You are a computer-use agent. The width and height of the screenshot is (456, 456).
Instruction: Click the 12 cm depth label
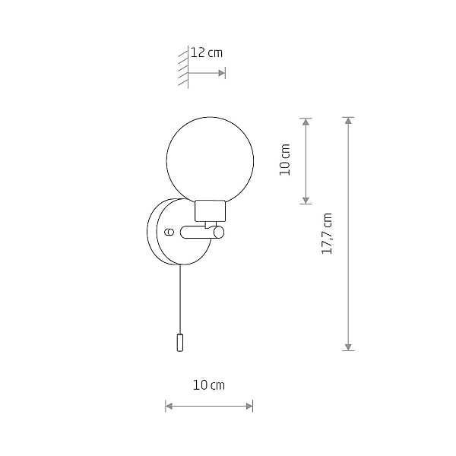tap(207, 53)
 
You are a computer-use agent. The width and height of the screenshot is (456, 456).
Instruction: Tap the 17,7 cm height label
tap(327, 233)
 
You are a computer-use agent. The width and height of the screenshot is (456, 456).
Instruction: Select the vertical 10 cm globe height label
tap(285, 160)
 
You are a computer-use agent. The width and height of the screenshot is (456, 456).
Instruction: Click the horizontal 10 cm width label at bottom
tap(209, 385)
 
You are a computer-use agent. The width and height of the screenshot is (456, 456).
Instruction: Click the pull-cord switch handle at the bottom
tap(180, 343)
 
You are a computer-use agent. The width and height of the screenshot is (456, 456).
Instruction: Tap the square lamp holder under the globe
tap(210, 211)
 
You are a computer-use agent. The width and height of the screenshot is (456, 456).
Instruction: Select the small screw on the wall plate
tap(169, 232)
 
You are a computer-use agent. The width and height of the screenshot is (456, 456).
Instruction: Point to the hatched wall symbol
tap(183, 67)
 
